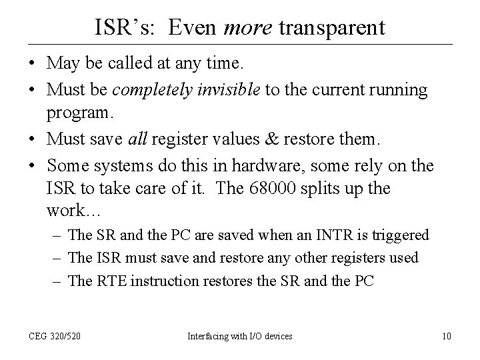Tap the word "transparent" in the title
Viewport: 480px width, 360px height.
(x=331, y=27)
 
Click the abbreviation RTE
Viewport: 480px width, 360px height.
(x=109, y=281)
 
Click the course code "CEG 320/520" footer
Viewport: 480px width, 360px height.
(x=55, y=337)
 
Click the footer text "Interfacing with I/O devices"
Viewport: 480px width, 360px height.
(x=239, y=337)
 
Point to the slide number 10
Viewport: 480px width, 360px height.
(x=447, y=337)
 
